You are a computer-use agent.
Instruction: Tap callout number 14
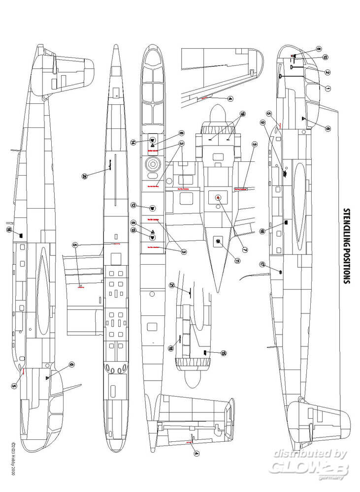[133, 142]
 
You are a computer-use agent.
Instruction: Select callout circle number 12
[133, 205]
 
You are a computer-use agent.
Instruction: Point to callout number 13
[133, 230]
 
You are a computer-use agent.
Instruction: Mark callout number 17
[262, 265]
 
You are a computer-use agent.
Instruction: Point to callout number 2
[327, 72]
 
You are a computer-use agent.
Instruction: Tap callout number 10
[326, 57]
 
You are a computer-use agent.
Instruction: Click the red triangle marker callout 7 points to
[218, 198]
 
